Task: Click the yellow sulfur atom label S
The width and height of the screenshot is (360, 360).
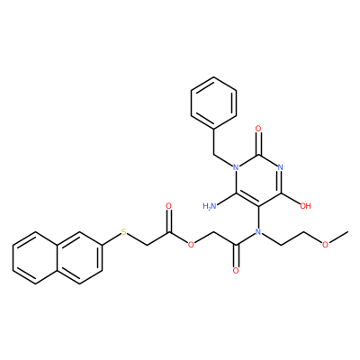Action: click(124, 231)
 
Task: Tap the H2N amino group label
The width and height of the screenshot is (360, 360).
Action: click(210, 206)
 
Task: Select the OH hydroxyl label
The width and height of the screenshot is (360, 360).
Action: click(305, 206)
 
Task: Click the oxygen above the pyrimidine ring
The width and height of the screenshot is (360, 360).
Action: click(258, 129)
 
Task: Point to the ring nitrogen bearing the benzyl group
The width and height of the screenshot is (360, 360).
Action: click(237, 167)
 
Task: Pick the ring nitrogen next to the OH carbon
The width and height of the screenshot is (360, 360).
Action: click(281, 167)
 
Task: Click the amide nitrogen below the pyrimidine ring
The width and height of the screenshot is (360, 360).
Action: click(258, 231)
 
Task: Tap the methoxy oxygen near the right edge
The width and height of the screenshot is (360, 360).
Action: click(325, 245)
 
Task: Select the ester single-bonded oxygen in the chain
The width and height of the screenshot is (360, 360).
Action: click(191, 245)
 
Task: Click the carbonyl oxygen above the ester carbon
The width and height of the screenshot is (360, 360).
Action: click(168, 206)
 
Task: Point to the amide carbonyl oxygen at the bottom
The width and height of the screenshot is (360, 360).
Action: click(236, 270)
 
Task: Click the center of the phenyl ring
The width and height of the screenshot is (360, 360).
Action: click(214, 103)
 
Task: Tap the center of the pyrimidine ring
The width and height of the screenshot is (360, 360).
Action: click(258, 180)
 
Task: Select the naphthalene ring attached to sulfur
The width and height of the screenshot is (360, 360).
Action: click(80, 257)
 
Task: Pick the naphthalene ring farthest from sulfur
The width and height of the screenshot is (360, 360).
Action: click(35, 257)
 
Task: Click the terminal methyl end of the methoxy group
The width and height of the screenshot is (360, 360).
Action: click(347, 232)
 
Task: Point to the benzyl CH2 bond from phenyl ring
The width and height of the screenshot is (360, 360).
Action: click(214, 142)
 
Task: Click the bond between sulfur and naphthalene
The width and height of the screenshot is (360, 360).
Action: click(111, 239)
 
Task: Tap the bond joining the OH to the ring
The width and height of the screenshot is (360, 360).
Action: click(291, 199)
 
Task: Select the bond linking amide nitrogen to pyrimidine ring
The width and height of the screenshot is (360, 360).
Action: click(258, 217)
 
